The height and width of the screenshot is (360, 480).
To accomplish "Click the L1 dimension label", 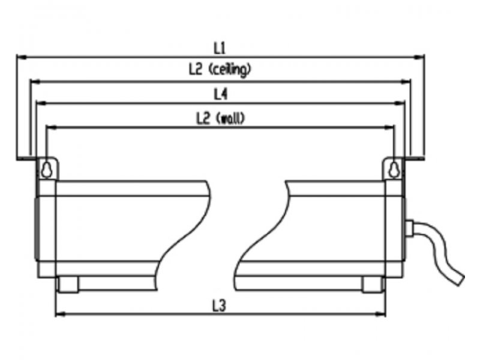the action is pyautogui.click(x=219, y=48).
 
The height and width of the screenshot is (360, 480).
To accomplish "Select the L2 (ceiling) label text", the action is pyautogui.click(x=220, y=70).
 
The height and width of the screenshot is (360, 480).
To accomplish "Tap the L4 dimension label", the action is pyautogui.click(x=220, y=94).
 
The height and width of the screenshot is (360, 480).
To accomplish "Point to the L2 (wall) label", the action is pyautogui.click(x=220, y=118).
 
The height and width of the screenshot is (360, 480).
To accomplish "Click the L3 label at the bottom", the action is pyautogui.click(x=219, y=305).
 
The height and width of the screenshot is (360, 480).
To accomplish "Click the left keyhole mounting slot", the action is pyautogui.click(x=46, y=170).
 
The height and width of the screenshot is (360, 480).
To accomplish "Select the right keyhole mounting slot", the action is pyautogui.click(x=394, y=170).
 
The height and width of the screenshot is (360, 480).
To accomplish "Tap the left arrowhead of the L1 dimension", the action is pyautogui.click(x=22, y=57).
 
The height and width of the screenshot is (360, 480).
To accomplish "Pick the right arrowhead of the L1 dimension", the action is pyautogui.click(x=419, y=57).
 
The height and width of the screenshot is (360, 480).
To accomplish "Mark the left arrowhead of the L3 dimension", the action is pyautogui.click(x=61, y=314).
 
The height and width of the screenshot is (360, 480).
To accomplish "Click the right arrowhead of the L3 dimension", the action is pyautogui.click(x=380, y=314).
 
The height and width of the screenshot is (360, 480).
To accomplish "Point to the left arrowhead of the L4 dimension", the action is pyautogui.click(x=41, y=103).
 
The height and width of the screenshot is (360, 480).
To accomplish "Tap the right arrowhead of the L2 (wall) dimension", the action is pyautogui.click(x=389, y=127).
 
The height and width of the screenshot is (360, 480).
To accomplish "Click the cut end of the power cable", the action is pyautogui.click(x=459, y=280).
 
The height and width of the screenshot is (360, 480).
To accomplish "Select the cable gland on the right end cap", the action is pyautogui.click(x=409, y=228).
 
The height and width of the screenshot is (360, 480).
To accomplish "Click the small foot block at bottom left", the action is pyautogui.click(x=68, y=284).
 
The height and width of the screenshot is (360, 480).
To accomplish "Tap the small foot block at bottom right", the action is pyautogui.click(x=372, y=284).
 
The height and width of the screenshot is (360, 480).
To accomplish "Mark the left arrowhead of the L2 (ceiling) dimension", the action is pyautogui.click(x=35, y=82).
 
